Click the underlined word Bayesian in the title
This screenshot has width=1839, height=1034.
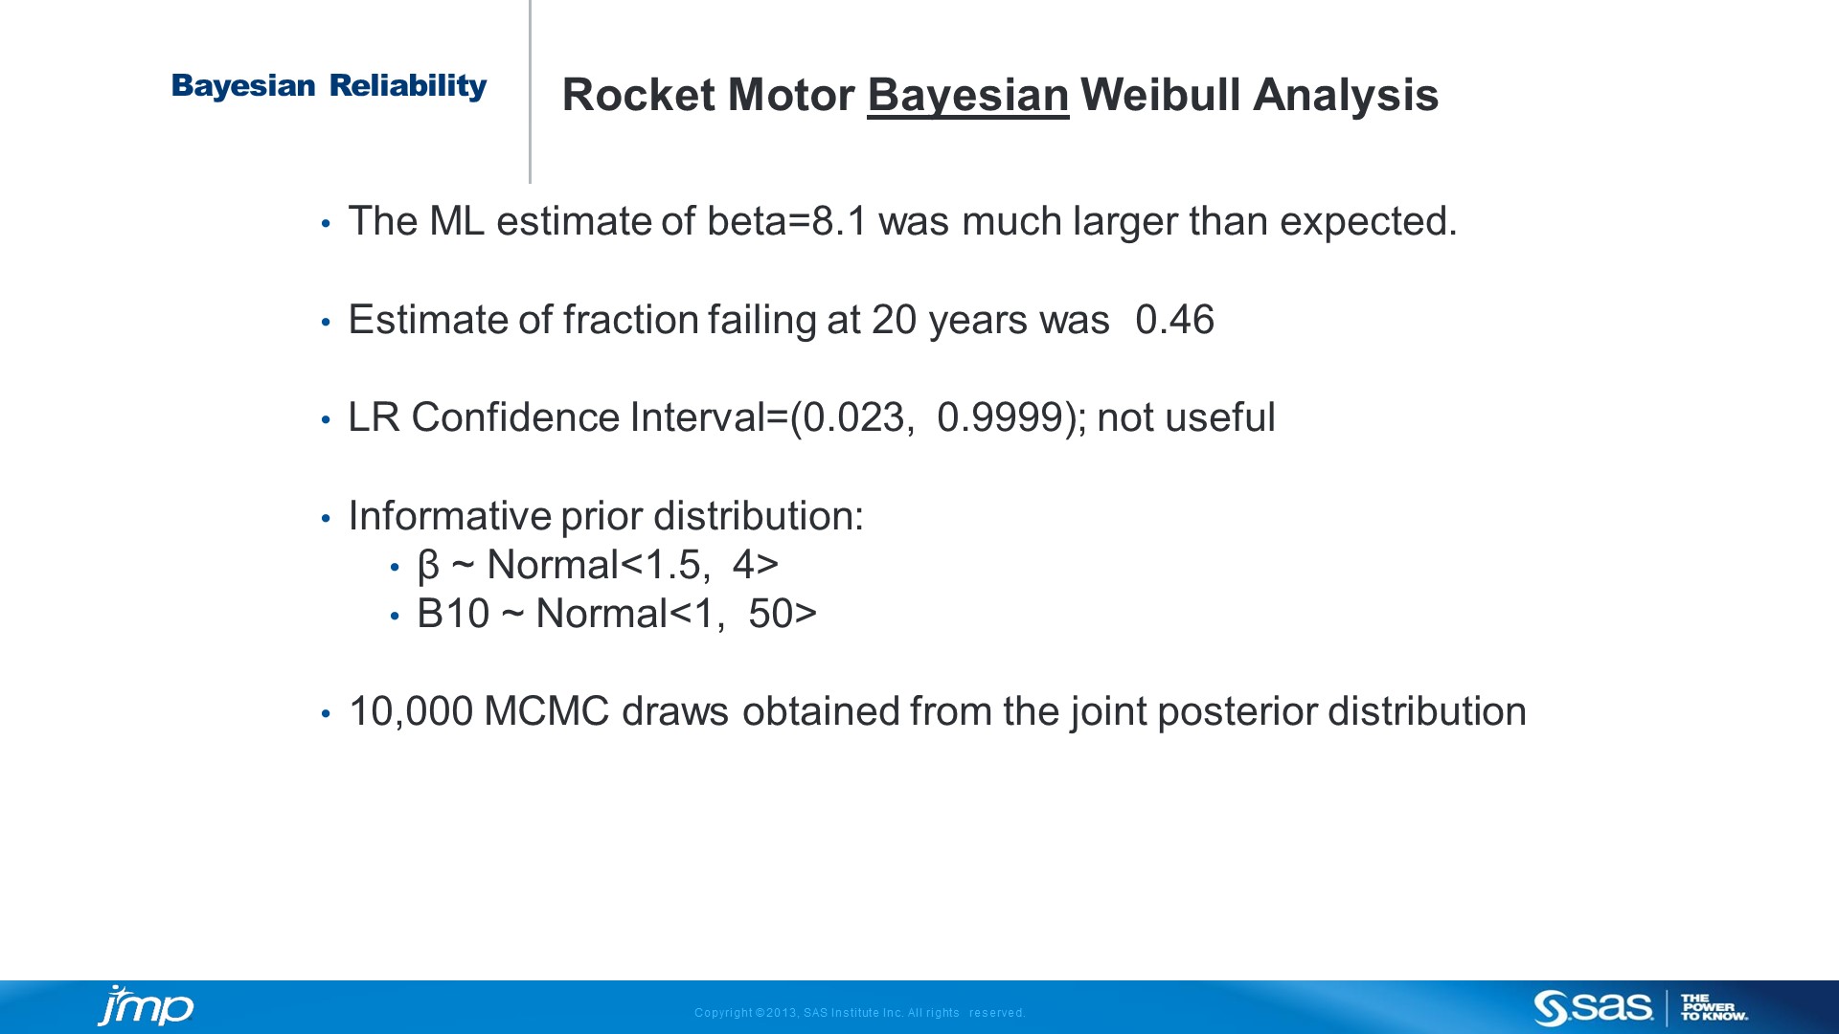pyautogui.click(x=967, y=96)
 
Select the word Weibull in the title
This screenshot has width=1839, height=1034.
pyautogui.click(x=1161, y=95)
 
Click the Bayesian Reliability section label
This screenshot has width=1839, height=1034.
pyautogui.click(x=329, y=86)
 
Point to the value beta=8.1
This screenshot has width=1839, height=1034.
pyautogui.click(x=787, y=221)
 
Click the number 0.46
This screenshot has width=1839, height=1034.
pyautogui.click(x=1174, y=320)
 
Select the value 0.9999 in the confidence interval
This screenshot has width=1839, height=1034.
pyautogui.click(x=1000, y=417)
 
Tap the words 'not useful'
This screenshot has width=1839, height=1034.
pyautogui.click(x=1186, y=417)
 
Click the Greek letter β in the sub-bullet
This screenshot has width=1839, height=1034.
pyautogui.click(x=428, y=566)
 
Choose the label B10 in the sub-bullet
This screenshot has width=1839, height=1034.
pyautogui.click(x=453, y=614)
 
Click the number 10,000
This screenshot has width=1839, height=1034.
pyautogui.click(x=411, y=712)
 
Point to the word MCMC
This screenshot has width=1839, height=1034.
pyautogui.click(x=547, y=711)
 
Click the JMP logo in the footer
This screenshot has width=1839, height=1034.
pyautogui.click(x=146, y=1007)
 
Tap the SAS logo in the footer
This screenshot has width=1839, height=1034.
pyautogui.click(x=1593, y=1008)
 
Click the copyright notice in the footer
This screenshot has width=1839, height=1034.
pyautogui.click(x=859, y=1013)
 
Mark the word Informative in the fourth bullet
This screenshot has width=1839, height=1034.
pyautogui.click(x=449, y=516)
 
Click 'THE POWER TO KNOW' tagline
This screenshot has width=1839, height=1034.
pyautogui.click(x=1714, y=1008)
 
